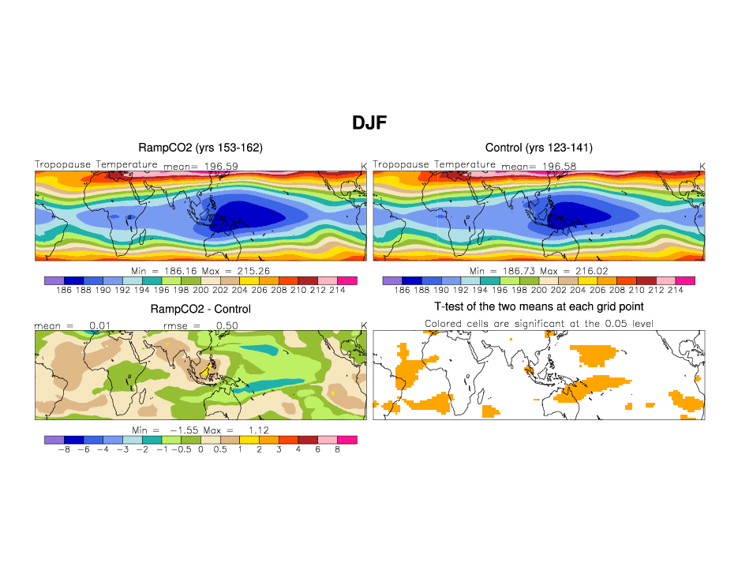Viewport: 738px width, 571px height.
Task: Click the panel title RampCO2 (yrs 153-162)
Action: tap(200, 148)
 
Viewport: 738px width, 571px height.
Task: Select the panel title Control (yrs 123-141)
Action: tap(538, 148)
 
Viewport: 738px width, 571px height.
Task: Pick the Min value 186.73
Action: tap(519, 270)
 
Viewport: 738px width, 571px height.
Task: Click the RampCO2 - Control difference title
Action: tap(200, 309)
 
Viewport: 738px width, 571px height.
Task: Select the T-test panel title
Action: tap(538, 306)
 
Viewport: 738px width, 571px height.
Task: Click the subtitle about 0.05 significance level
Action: tap(538, 324)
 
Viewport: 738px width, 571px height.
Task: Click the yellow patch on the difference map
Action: tap(208, 368)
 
